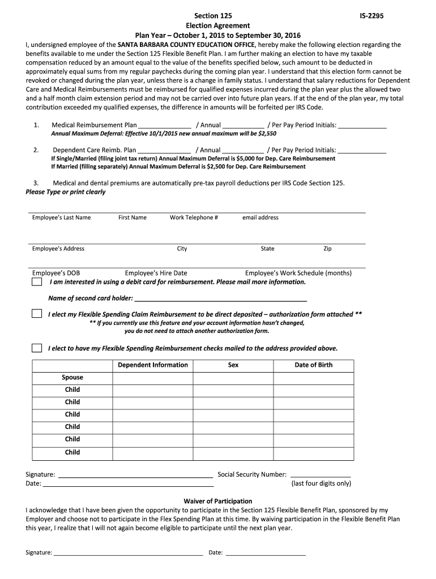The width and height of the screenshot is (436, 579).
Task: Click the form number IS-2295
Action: click(x=371, y=16)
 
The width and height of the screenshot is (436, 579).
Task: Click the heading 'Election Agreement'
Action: click(x=218, y=26)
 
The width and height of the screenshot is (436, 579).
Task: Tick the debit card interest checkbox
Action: click(x=37, y=282)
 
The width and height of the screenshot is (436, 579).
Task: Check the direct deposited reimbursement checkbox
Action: click(x=37, y=314)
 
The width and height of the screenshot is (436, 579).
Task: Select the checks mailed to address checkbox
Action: click(x=37, y=348)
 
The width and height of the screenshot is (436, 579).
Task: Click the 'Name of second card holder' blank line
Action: click(x=220, y=299)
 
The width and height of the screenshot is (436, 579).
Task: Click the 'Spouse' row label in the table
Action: click(x=72, y=377)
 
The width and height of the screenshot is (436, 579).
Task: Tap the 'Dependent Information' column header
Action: click(x=153, y=365)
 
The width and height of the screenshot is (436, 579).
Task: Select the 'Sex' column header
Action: click(x=233, y=365)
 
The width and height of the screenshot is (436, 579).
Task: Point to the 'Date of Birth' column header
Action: click(x=314, y=365)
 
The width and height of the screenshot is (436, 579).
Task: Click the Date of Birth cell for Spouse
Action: click(x=314, y=377)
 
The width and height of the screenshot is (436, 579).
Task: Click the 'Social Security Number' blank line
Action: click(x=320, y=475)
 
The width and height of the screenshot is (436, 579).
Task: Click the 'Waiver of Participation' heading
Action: click(x=218, y=501)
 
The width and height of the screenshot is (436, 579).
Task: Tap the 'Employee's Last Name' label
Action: click(x=61, y=218)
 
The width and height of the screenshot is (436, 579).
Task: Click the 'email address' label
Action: click(x=260, y=218)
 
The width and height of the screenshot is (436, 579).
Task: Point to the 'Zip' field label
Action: click(x=327, y=249)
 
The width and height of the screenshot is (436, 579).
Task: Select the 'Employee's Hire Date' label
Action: click(x=156, y=273)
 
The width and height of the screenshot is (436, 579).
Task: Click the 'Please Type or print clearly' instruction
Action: click(x=66, y=192)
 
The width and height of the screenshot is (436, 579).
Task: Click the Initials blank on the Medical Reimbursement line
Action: click(x=362, y=126)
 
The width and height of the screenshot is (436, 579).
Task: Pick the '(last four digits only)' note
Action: click(x=321, y=483)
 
